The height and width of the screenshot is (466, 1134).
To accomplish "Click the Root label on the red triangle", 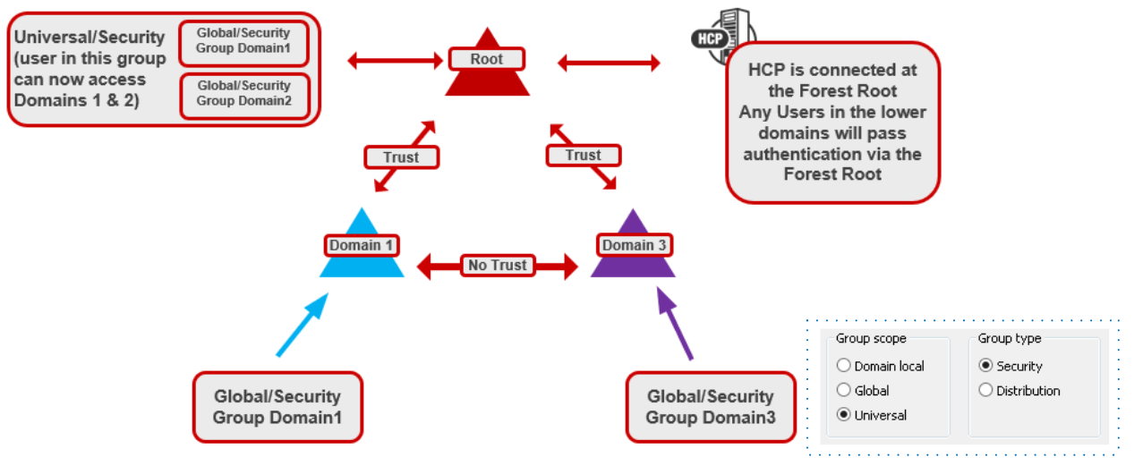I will [486, 60].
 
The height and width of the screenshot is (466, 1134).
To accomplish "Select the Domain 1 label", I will [361, 245].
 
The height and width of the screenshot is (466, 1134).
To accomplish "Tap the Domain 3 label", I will [634, 245].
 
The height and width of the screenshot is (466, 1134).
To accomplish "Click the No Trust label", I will [498, 266].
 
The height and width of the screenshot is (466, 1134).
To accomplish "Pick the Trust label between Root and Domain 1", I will [401, 157].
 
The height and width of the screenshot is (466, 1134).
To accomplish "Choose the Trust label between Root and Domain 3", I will [583, 156].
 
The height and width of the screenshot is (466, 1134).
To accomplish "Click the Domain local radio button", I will [843, 366].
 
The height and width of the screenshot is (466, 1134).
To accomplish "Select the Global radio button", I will [843, 391].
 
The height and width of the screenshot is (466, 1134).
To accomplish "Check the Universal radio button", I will [843, 415].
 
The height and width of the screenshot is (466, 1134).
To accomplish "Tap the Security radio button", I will [985, 366].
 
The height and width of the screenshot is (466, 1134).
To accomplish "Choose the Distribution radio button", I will [985, 391].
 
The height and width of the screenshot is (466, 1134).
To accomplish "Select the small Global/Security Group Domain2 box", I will [243, 94].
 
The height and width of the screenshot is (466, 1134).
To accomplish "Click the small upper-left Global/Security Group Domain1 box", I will [243, 41].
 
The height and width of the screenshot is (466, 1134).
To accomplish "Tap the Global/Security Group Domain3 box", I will [710, 407].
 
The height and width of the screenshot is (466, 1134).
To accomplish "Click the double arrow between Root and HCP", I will [609, 63].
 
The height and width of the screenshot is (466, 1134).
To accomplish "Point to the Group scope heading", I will [871, 339].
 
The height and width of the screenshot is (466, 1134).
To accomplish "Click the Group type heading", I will [1009, 339].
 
